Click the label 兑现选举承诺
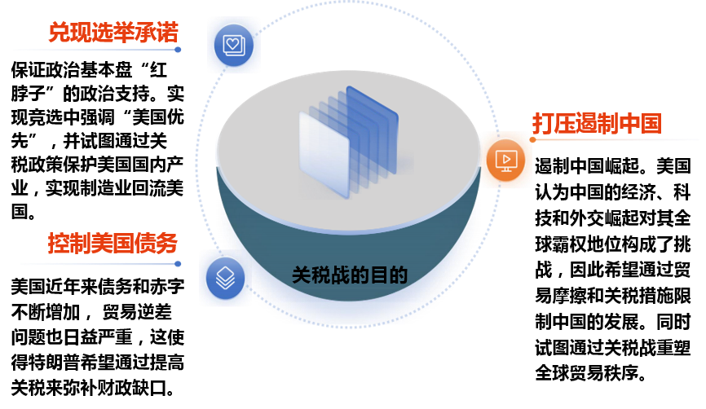pos(113,33)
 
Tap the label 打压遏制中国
pos(597,124)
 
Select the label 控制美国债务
pos(113,244)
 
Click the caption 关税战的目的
pos(349,275)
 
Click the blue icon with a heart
pos(233,43)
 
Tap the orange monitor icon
pos(505,161)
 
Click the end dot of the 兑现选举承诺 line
pos(178,51)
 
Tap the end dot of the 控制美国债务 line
pos(178,264)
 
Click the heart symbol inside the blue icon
pos(233,42)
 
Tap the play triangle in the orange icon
pos(505,158)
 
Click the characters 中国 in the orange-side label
pos(640,124)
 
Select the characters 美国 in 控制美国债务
pos(113,244)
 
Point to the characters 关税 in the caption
pos(311,275)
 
